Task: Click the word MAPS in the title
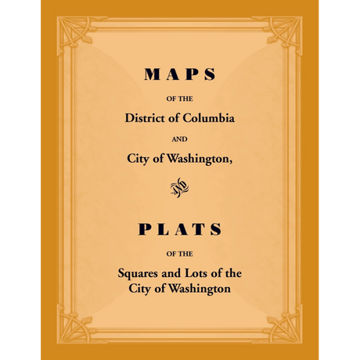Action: pos(180,75)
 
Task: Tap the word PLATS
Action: pos(180,229)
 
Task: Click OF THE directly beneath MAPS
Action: pos(180,99)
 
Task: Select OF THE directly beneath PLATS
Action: pos(180,253)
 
